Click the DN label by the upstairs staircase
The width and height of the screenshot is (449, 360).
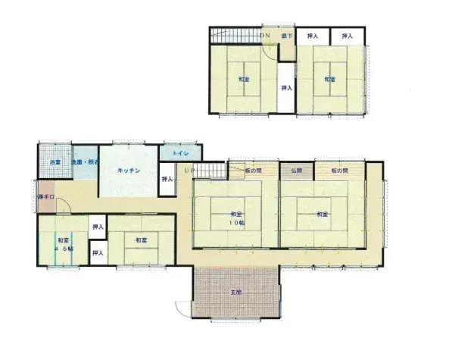pyautogui.click(x=264, y=36)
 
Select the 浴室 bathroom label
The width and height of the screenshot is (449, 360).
pyautogui.click(x=55, y=163)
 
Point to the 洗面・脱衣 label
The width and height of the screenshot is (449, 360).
pyautogui.click(x=84, y=163)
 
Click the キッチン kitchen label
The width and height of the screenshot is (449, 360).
pyautogui.click(x=129, y=171)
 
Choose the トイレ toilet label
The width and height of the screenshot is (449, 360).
pyautogui.click(x=180, y=154)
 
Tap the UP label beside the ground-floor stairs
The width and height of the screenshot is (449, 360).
pyautogui.click(x=186, y=171)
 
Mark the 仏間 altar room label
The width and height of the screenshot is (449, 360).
pyautogui.click(x=296, y=171)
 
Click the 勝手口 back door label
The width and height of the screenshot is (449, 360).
pyautogui.click(x=45, y=198)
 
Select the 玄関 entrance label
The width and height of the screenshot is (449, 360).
pyautogui.click(x=235, y=293)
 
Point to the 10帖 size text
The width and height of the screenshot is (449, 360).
pyautogui.click(x=237, y=224)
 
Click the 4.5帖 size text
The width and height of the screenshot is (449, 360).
pyautogui.click(x=64, y=249)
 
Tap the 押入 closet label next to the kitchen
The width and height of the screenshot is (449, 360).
pyautogui.click(x=167, y=180)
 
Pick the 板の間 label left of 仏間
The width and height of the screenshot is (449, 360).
pyautogui.click(x=253, y=171)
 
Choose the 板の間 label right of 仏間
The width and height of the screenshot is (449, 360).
pyautogui.click(x=338, y=171)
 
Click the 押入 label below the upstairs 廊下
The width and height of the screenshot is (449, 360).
pyautogui.click(x=286, y=89)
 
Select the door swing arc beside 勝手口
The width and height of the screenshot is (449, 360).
pyautogui.click(x=64, y=205)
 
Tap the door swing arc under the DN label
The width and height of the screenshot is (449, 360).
pyautogui.click(x=270, y=48)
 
